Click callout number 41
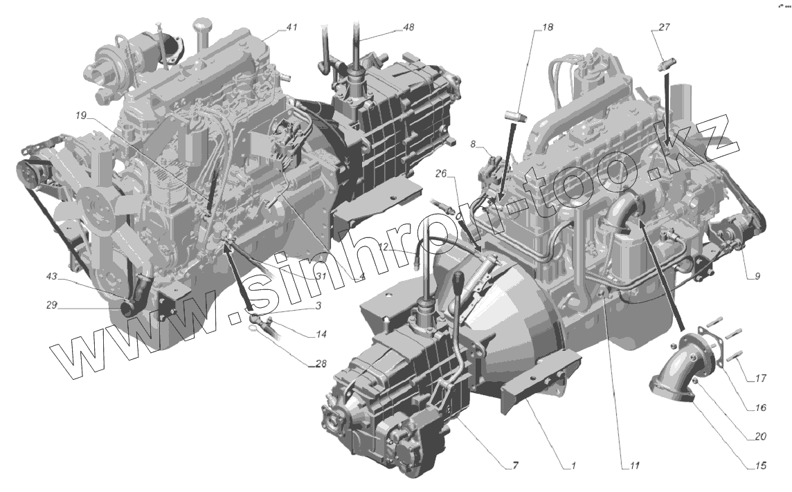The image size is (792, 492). tap(291, 28)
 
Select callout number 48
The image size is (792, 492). tap(408, 27)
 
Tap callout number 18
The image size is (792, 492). tap(548, 28)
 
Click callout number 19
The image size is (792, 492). tap(81, 116)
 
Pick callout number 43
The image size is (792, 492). tap(51, 277)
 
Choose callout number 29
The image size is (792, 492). tap(51, 305)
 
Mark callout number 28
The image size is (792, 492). tap(321, 364)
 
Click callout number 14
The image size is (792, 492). tap(321, 334)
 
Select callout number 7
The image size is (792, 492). tap(514, 465)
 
